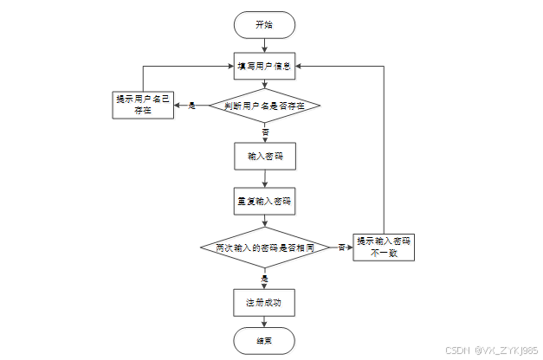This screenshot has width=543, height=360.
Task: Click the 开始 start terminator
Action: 264,24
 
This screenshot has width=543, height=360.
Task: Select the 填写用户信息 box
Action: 264,65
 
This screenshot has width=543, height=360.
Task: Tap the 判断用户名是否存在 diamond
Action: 264,106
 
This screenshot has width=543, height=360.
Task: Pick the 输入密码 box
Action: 264,157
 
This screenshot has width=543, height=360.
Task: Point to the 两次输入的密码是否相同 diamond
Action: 264,247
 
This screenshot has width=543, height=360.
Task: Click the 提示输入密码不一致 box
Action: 384,247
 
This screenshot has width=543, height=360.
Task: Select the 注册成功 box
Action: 264,302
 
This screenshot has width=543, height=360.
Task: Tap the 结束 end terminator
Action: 264,340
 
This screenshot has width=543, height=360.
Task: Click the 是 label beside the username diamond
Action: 192,106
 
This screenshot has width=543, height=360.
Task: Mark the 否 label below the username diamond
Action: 265,131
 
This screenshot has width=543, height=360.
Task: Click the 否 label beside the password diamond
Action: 341,247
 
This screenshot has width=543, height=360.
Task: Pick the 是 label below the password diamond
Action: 265,278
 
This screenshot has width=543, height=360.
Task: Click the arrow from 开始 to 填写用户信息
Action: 264,45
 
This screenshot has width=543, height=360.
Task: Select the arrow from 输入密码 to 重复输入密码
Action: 264,178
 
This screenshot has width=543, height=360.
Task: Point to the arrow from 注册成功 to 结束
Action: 264,321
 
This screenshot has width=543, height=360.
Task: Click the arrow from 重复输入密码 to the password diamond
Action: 264,221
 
